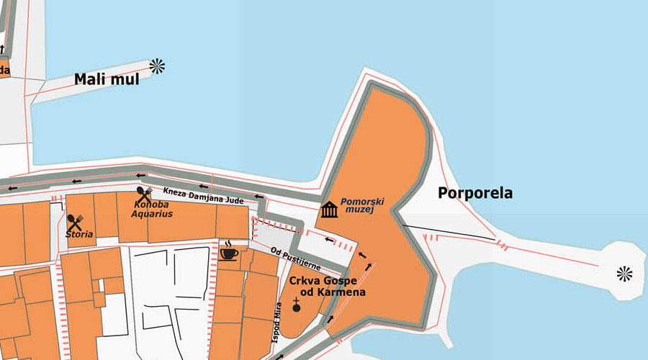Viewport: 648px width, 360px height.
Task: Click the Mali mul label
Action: (107, 79)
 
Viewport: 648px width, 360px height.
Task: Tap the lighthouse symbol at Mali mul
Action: (157, 66)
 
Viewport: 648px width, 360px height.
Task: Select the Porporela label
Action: (475, 193)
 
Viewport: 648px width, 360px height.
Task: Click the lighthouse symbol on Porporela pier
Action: (624, 273)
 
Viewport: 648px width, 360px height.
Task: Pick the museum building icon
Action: (330, 210)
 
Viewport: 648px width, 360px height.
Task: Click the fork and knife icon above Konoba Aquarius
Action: (143, 194)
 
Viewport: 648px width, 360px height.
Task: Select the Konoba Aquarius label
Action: (152, 209)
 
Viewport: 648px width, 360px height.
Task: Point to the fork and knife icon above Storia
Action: (76, 222)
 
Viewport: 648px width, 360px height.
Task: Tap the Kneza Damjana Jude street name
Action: (204, 195)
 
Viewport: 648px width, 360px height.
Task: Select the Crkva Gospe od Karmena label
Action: (328, 286)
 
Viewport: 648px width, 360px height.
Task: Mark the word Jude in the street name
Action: (234, 200)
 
